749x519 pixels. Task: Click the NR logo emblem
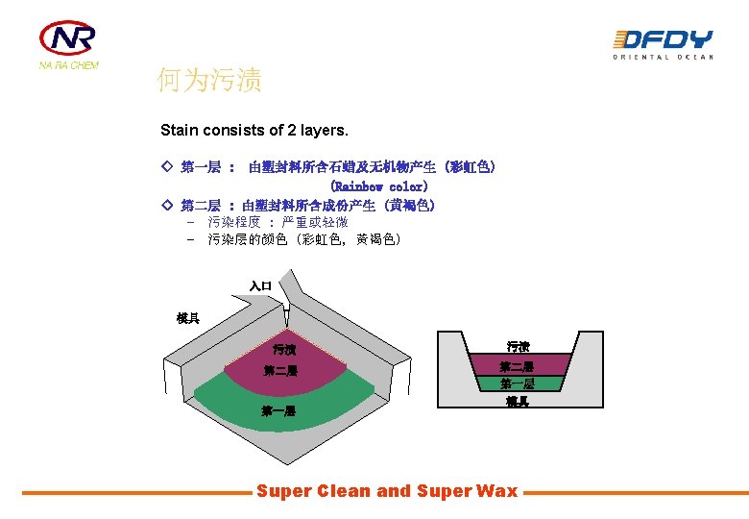pos(67,38)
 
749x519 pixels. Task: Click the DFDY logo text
pos(663,39)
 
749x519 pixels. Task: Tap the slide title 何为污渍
pos(209,80)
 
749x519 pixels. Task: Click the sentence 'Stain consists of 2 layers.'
pos(254,129)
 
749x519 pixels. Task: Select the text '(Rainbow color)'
pos(378,185)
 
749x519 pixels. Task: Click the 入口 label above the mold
pos(260,285)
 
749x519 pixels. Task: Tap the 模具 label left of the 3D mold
pos(188,318)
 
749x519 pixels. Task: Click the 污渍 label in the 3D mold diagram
pos(283,350)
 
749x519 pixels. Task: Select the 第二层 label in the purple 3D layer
pos(280,371)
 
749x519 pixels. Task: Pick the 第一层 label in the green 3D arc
pos(278,410)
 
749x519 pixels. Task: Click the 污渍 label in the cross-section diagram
pos(519,346)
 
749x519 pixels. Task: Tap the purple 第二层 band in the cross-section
pos(517,365)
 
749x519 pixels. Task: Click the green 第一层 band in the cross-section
pos(517,383)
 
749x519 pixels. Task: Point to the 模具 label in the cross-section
pos(518,402)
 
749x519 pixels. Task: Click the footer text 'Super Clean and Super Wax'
pos(386,491)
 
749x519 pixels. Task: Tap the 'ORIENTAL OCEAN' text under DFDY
pos(664,58)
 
